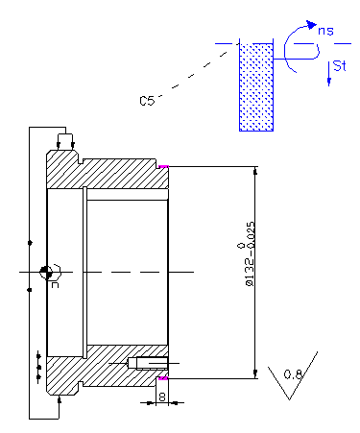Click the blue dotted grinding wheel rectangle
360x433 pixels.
256,87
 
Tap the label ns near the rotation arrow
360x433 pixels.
325,31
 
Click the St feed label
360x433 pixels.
339,65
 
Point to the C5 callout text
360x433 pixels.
147,101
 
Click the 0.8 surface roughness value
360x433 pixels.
293,374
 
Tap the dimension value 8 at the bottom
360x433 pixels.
162,397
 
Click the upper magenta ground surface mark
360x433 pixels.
163,166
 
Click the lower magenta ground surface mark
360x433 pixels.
163,378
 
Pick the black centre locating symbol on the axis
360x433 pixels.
46,272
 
